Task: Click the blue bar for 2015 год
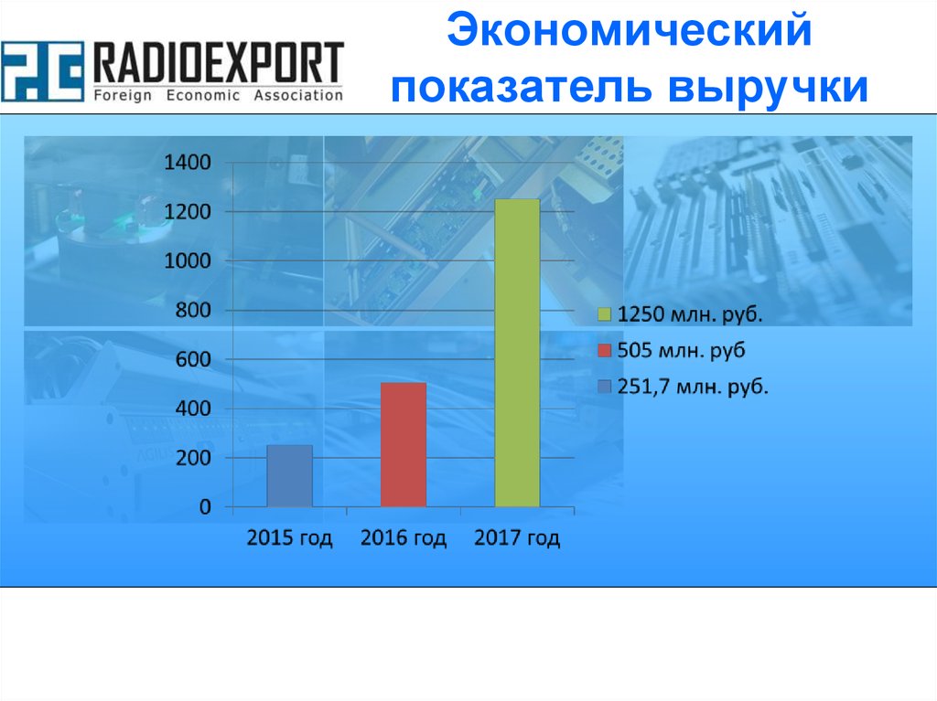click(x=289, y=475)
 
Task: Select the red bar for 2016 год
click(x=404, y=444)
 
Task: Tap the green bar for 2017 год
click(x=517, y=353)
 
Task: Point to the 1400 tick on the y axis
click(x=187, y=163)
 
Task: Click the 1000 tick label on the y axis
click(x=187, y=261)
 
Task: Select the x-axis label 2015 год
click(x=289, y=537)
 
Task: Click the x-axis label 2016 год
click(x=404, y=537)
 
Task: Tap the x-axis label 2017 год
click(x=517, y=537)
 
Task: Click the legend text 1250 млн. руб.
click(x=690, y=315)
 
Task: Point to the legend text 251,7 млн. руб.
click(x=693, y=388)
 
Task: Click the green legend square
click(x=603, y=315)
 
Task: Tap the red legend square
click(x=603, y=351)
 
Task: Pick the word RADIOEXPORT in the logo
click(x=219, y=65)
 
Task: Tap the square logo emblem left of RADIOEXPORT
click(x=43, y=71)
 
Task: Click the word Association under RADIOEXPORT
click(x=299, y=95)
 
